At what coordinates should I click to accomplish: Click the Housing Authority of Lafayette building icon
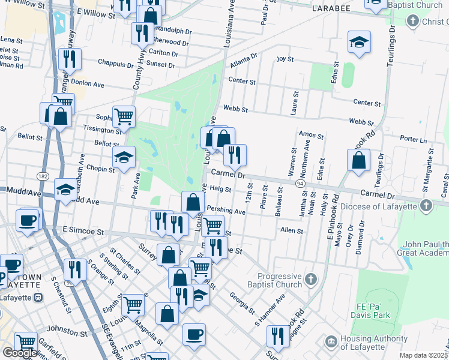(x=331, y=341)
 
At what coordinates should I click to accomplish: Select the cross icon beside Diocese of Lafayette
(x=426, y=206)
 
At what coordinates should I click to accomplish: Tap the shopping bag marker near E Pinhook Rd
(x=358, y=161)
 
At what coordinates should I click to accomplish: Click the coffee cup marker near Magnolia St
(x=194, y=334)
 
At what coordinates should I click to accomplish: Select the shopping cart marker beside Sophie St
(x=124, y=116)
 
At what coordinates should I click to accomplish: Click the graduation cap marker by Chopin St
(x=123, y=157)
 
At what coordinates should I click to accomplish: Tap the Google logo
(x=19, y=353)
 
